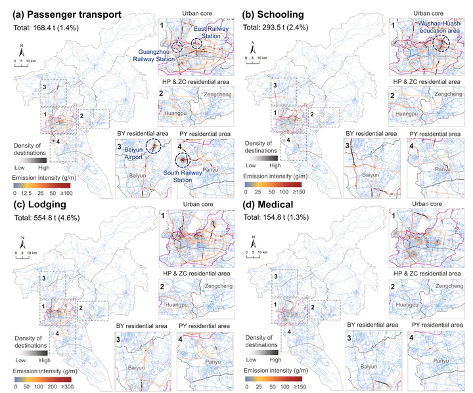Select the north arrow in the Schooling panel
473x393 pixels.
(251, 49)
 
